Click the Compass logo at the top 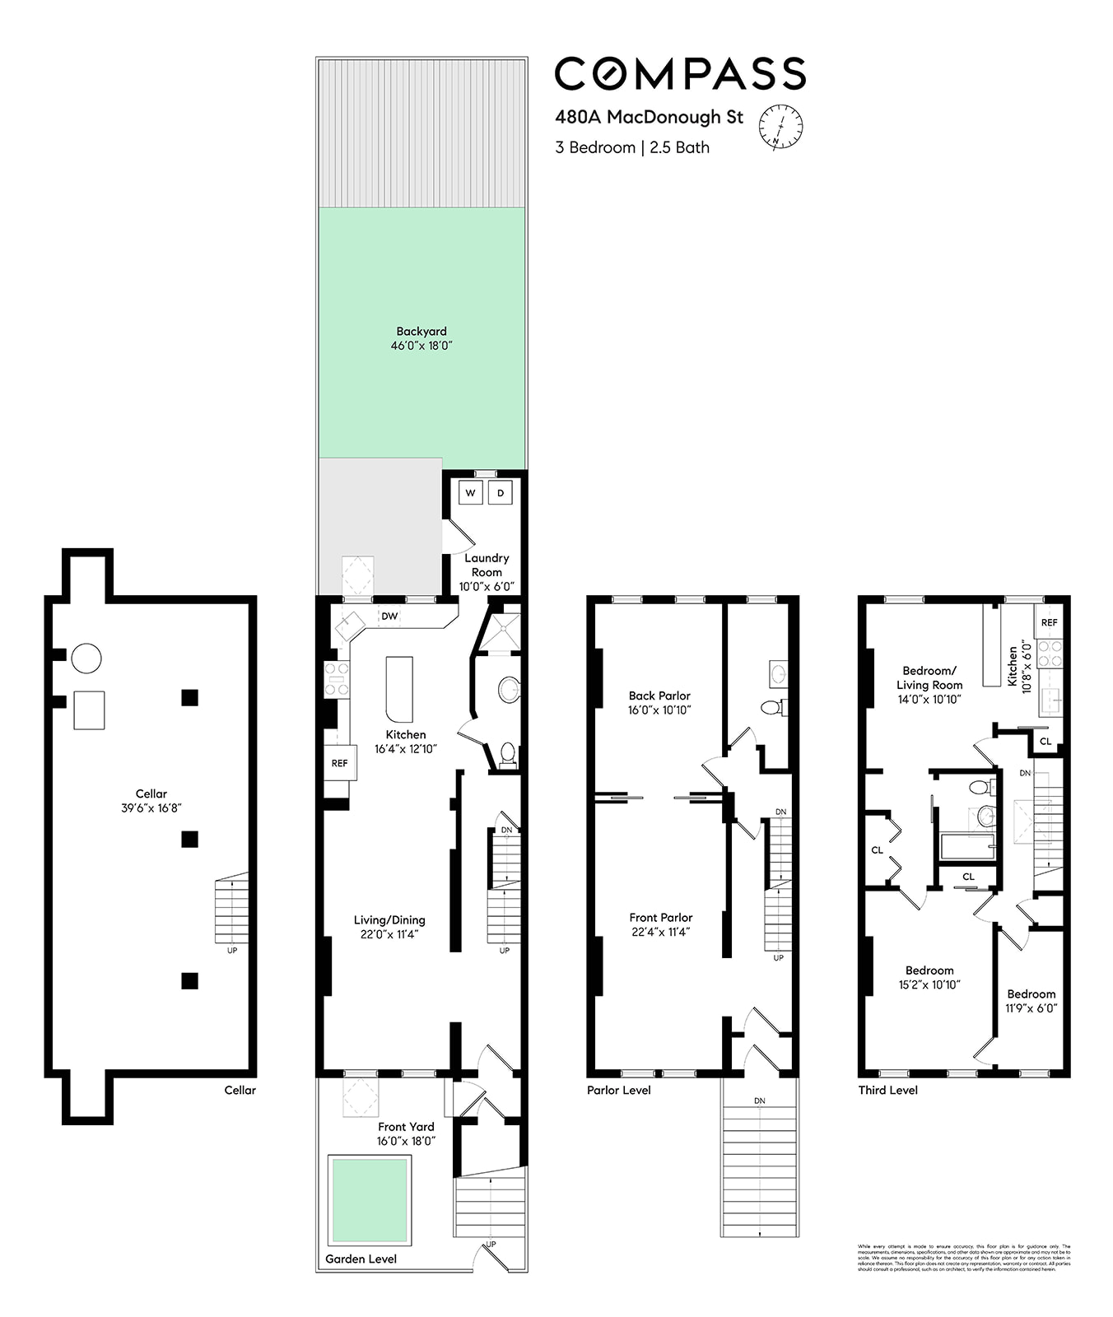(x=680, y=74)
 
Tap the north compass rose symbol (x=780, y=127)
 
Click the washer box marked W (x=471, y=493)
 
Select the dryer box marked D (x=501, y=493)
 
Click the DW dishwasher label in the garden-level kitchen (x=389, y=616)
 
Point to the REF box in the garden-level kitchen (x=339, y=763)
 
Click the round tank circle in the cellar (x=86, y=658)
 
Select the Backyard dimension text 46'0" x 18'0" (x=421, y=346)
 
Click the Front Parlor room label (x=660, y=917)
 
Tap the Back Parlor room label (x=659, y=696)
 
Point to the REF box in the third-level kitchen (x=1049, y=622)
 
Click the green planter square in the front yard (x=369, y=1200)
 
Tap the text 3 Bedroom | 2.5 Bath (x=632, y=147)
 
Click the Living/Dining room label (x=389, y=919)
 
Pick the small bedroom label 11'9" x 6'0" (x=1031, y=1008)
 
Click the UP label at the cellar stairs (x=232, y=950)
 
